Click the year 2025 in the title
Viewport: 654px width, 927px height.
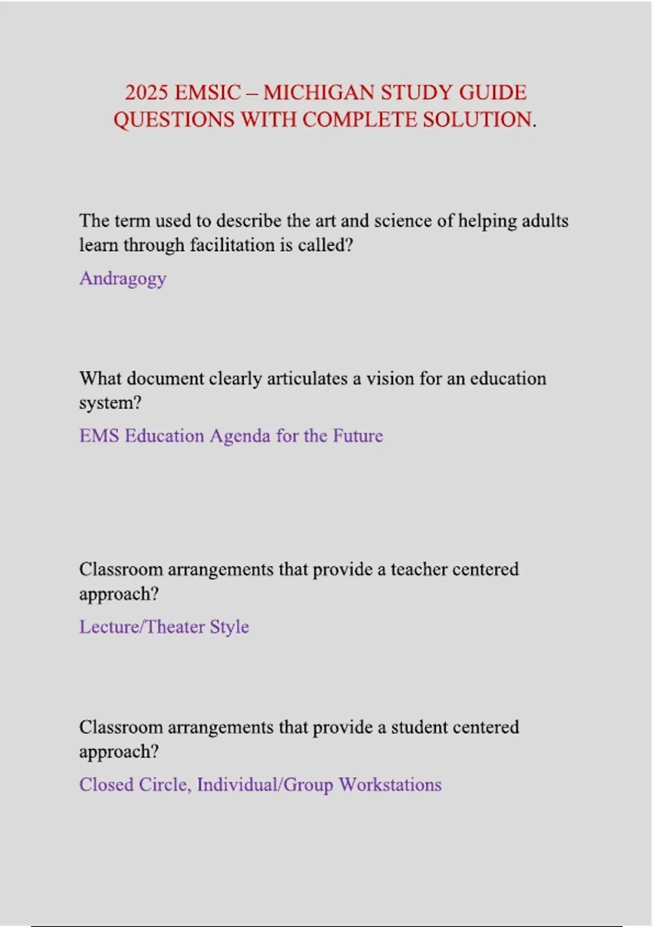[146, 93]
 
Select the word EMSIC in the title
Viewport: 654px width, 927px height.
[207, 93]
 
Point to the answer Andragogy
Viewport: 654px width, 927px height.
[123, 279]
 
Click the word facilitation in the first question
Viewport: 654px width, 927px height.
[233, 245]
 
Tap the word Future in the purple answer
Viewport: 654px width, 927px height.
[358, 436]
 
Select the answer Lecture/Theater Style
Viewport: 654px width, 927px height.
[164, 627]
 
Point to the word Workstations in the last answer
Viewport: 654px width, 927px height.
[390, 785]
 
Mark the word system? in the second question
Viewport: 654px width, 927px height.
[110, 404]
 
